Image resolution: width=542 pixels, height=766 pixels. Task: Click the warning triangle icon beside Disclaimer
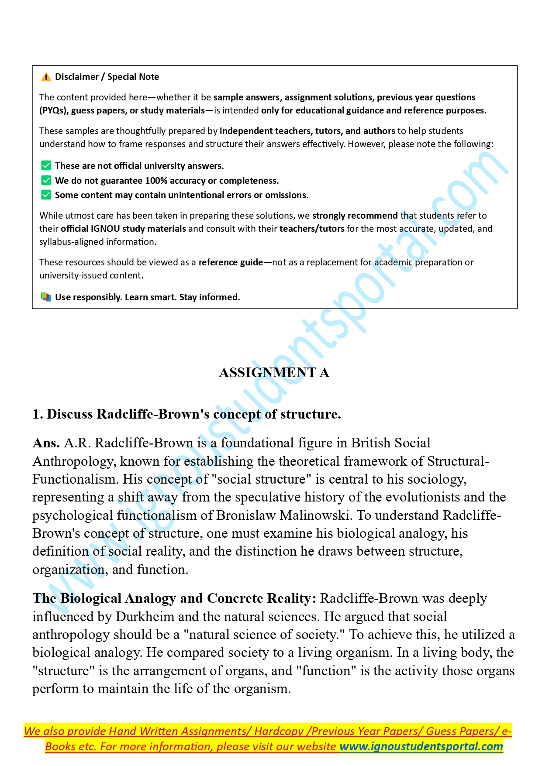click(46, 77)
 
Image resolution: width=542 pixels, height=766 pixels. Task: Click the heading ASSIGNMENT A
click(274, 373)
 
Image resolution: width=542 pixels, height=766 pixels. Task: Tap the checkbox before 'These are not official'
click(46, 166)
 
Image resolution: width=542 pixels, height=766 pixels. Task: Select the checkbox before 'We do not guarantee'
click(46, 181)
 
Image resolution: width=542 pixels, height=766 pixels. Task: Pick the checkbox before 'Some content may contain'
click(46, 195)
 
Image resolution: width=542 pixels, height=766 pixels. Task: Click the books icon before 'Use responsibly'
click(46, 297)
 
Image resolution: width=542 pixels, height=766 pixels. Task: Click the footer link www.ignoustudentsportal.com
click(421, 747)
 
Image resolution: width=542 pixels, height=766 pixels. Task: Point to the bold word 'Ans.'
click(46, 443)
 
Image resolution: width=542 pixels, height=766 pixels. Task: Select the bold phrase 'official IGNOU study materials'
click(123, 229)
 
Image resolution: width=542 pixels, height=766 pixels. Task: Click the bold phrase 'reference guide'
click(231, 262)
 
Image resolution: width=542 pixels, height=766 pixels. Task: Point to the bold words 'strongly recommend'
click(355, 216)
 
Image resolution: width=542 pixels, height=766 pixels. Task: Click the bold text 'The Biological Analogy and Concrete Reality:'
click(174, 598)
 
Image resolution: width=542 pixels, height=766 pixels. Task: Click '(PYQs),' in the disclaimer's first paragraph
click(54, 110)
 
